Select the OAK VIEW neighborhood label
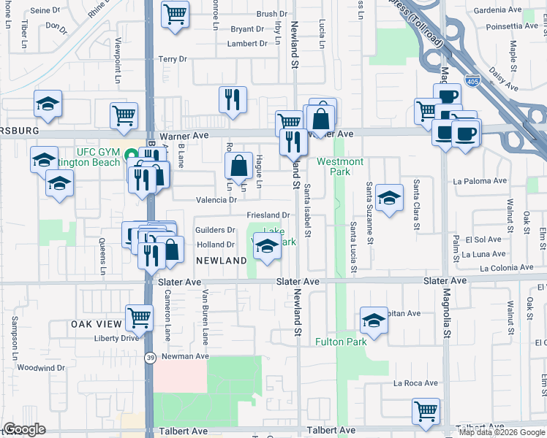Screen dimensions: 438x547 (x=95, y=324)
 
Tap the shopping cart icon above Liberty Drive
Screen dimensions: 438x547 (x=138, y=317)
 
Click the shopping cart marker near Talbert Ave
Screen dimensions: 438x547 (x=425, y=410)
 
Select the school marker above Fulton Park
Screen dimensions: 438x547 (x=374, y=320)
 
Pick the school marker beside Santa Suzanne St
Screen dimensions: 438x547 (x=390, y=196)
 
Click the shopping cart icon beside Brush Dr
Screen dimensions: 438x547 (x=175, y=14)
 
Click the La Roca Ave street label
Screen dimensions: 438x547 (x=415, y=383)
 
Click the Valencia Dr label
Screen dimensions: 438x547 (x=216, y=199)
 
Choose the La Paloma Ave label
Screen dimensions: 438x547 (x=480, y=180)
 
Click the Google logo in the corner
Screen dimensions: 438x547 (x=24, y=429)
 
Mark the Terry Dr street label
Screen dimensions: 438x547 (x=173, y=58)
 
